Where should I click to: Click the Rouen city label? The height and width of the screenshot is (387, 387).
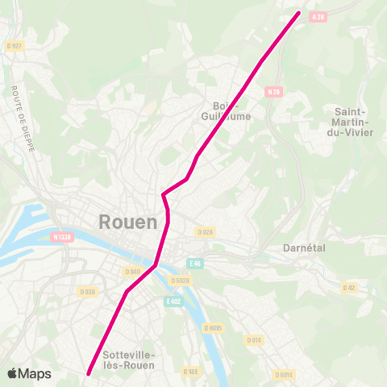pos(128,221)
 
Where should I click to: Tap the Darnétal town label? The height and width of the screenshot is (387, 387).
pos(304,248)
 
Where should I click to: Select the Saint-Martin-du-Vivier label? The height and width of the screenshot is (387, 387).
pos(352,122)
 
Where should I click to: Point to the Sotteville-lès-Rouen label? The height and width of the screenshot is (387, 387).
pos(129,360)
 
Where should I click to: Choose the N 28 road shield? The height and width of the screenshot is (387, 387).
pos(274,92)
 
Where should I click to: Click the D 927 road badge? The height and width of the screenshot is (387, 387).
pos(15,46)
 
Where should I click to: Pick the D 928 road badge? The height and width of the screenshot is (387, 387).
pos(205,232)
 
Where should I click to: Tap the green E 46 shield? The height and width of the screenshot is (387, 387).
pos(195,263)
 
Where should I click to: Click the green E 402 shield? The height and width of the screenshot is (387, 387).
pos(173,301)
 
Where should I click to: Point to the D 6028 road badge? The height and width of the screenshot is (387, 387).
pos(181,280)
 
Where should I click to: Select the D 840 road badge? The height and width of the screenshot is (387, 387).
pos(134,271)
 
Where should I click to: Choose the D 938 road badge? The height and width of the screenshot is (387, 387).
pos(88,292)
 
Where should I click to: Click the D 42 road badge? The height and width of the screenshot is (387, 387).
pos(349,287)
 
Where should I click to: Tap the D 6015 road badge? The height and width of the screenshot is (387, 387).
pos(214,328)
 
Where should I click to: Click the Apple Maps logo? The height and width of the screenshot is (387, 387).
pos(30,373)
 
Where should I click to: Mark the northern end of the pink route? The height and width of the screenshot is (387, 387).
pos(299,13)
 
